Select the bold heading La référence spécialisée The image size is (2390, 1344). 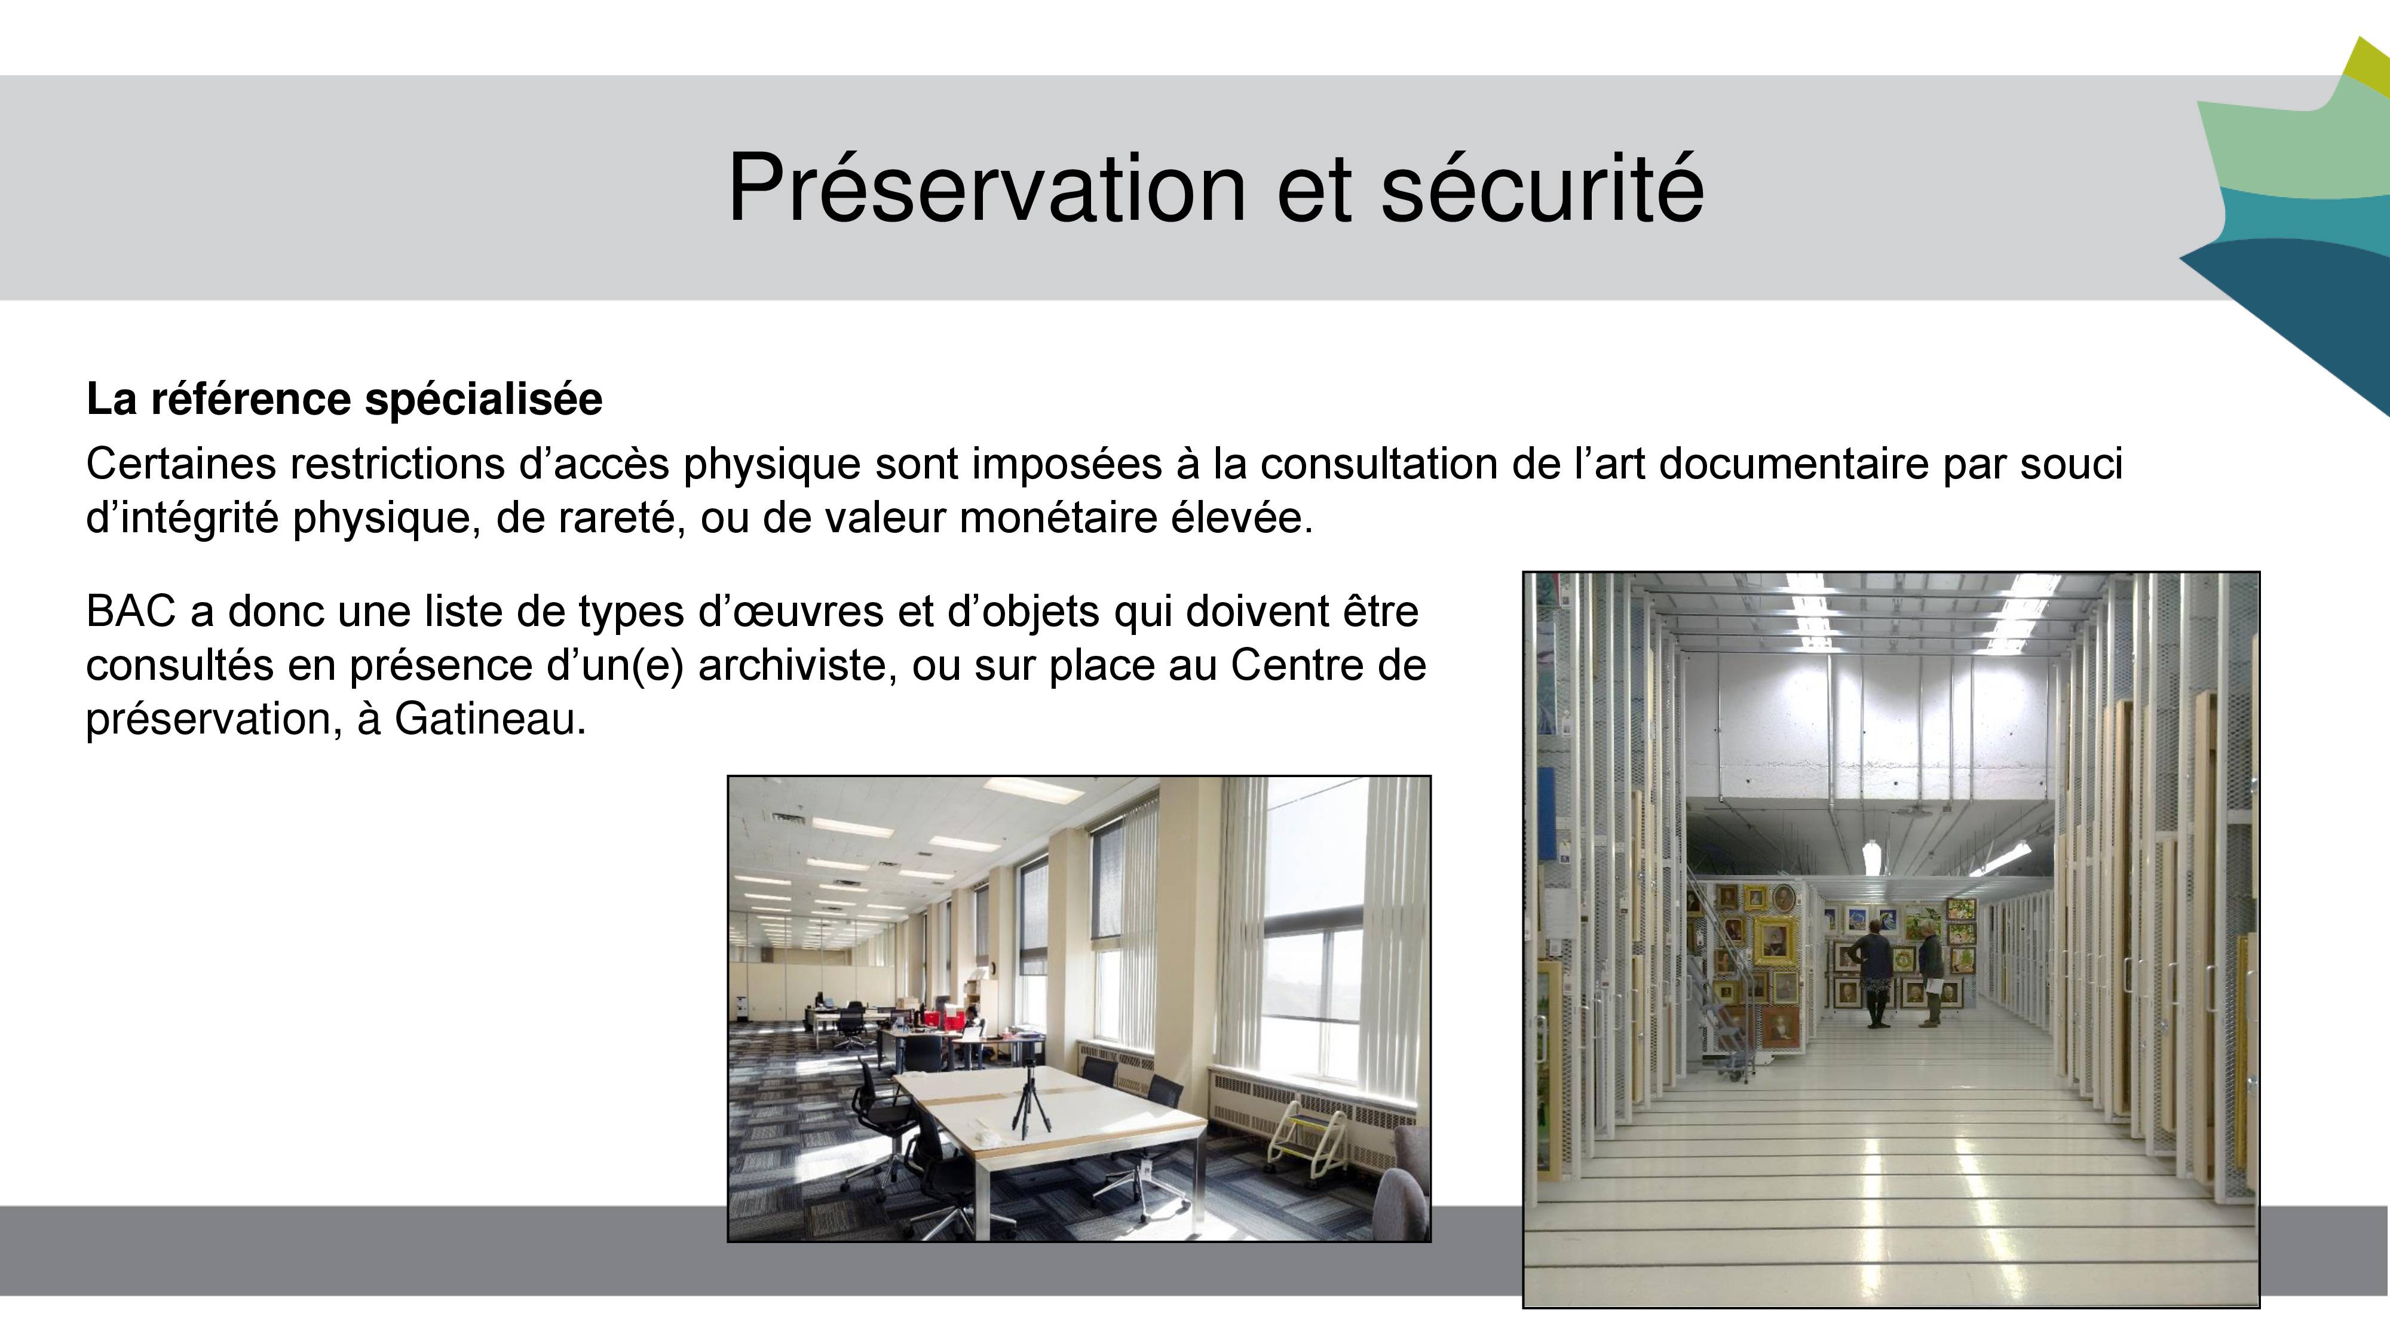pyautogui.click(x=344, y=400)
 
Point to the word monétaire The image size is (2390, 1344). pyautogui.click(x=1058, y=517)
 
